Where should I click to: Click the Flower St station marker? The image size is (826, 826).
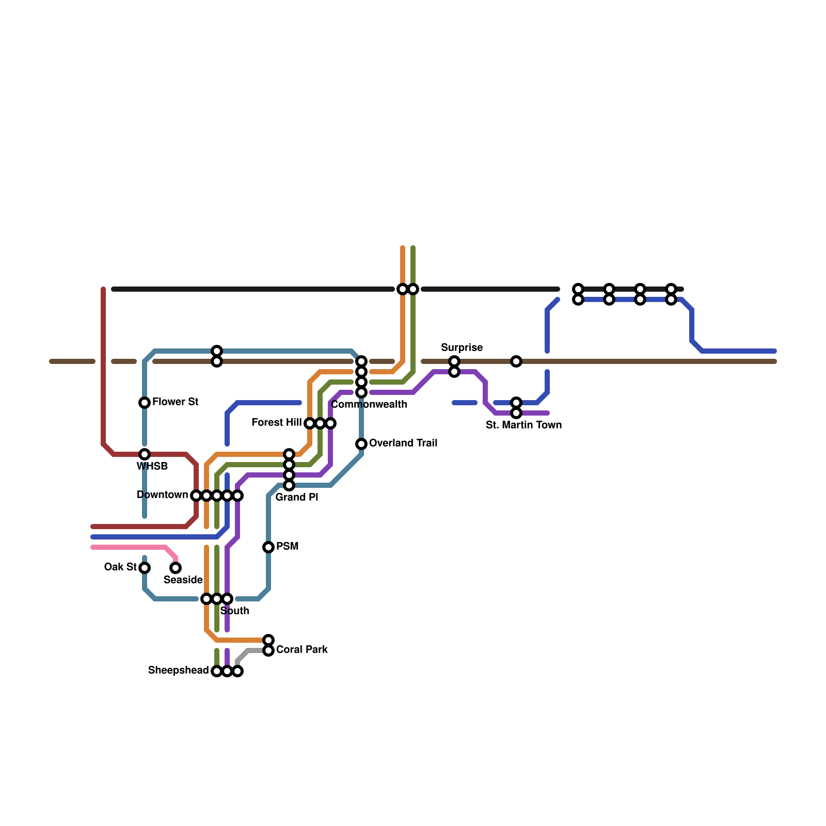pyautogui.click(x=145, y=403)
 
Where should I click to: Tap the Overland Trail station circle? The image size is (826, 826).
pyautogui.click(x=361, y=444)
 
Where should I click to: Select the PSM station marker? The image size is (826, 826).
pyautogui.click(x=268, y=547)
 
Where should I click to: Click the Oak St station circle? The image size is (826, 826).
pyautogui.click(x=145, y=568)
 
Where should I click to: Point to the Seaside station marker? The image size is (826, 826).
pyautogui.click(x=176, y=568)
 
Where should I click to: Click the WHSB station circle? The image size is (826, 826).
pyautogui.click(x=145, y=454)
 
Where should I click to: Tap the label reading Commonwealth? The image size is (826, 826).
pyautogui.click(x=369, y=404)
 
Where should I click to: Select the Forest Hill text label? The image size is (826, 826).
pyautogui.click(x=276, y=423)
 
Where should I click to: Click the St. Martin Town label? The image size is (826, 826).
pyautogui.click(x=523, y=425)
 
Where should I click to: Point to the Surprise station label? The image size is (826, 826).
pyautogui.click(x=462, y=347)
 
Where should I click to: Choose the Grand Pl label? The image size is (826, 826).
pyautogui.click(x=296, y=497)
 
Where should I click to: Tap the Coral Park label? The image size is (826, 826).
pyautogui.click(x=301, y=649)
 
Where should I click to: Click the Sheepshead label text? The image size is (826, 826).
pyautogui.click(x=178, y=671)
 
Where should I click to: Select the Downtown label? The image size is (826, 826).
pyautogui.click(x=162, y=495)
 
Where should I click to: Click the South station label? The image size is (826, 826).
pyautogui.click(x=234, y=611)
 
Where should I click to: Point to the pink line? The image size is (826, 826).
pyautogui.click(x=129, y=547)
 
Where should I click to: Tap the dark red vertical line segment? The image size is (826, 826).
pyautogui.click(x=103, y=361)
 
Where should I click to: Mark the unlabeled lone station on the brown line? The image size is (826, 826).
pyautogui.click(x=516, y=361)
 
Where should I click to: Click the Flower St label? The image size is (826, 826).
pyautogui.click(x=175, y=402)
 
